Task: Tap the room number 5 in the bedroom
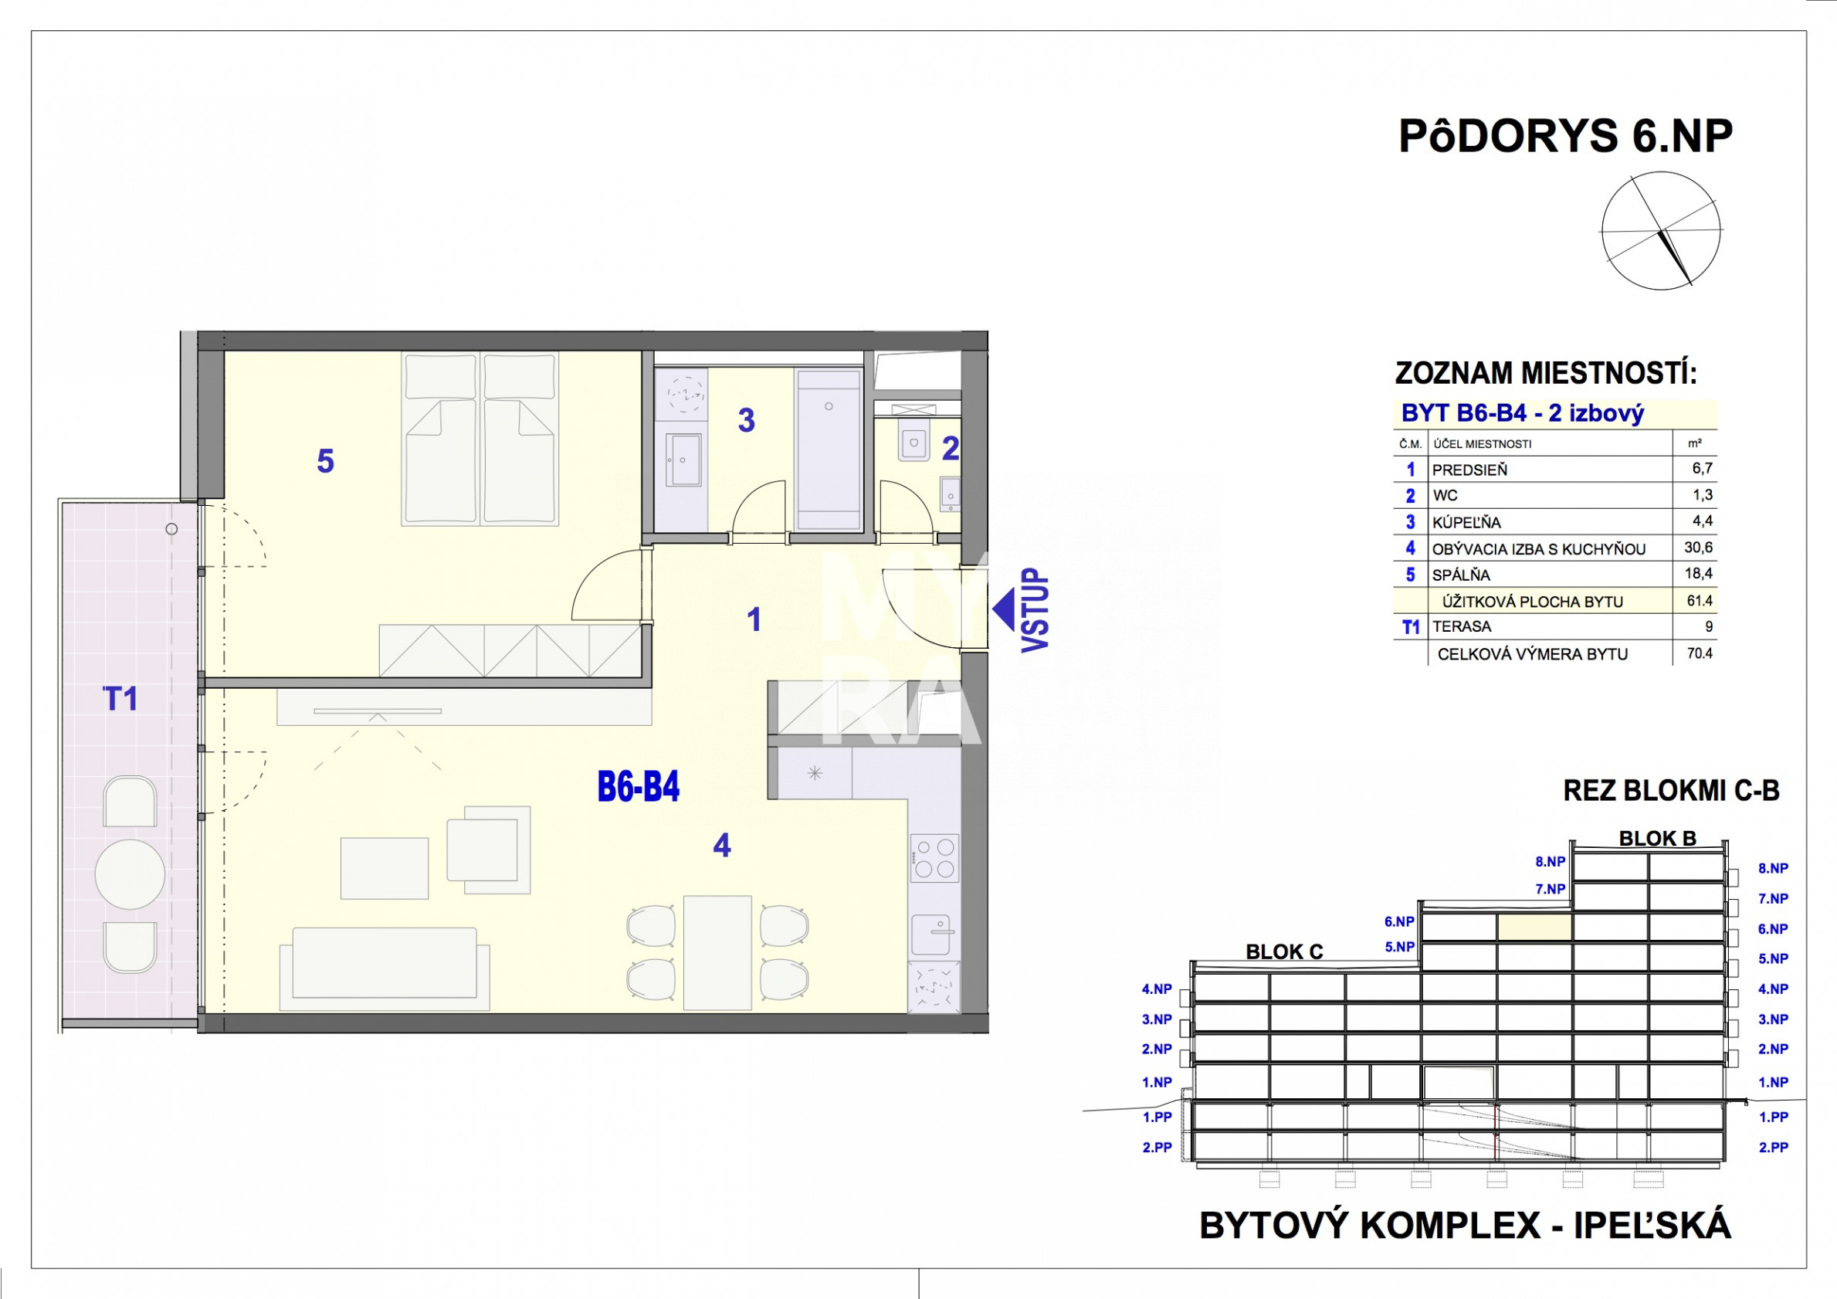tap(325, 461)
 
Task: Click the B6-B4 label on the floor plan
tap(639, 787)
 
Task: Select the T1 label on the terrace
tap(120, 699)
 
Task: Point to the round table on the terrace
tap(130, 874)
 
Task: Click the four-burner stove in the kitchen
tap(934, 857)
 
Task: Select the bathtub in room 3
tap(829, 449)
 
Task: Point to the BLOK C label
tap(1284, 951)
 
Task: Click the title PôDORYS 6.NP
tap(1566, 136)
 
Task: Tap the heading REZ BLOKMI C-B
tap(1672, 791)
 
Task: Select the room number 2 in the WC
tap(950, 449)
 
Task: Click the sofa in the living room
tap(384, 968)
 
